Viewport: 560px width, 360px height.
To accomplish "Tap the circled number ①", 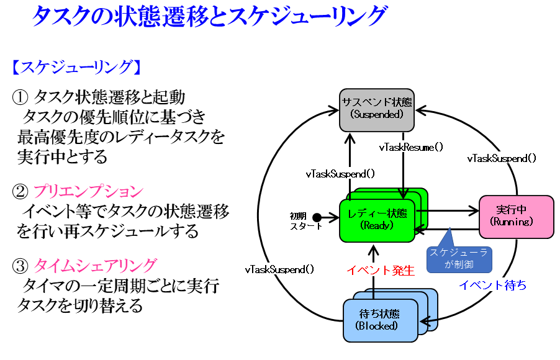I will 20,97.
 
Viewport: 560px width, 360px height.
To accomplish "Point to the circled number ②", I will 20,192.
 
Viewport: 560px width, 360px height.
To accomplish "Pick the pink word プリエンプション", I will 88,192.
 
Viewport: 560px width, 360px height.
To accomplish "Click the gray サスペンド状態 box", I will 376,109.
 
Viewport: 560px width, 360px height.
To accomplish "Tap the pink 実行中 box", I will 516,216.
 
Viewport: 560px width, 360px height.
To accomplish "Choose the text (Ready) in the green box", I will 377,225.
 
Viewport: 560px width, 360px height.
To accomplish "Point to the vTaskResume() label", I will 411,148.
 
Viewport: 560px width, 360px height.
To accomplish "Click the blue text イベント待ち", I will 492,286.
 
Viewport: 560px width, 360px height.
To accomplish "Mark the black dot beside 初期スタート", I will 317,217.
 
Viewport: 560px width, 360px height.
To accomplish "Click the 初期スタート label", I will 299,221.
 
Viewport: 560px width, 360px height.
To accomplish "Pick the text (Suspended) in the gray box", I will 377,115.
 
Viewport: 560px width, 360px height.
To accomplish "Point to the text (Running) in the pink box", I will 512,222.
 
